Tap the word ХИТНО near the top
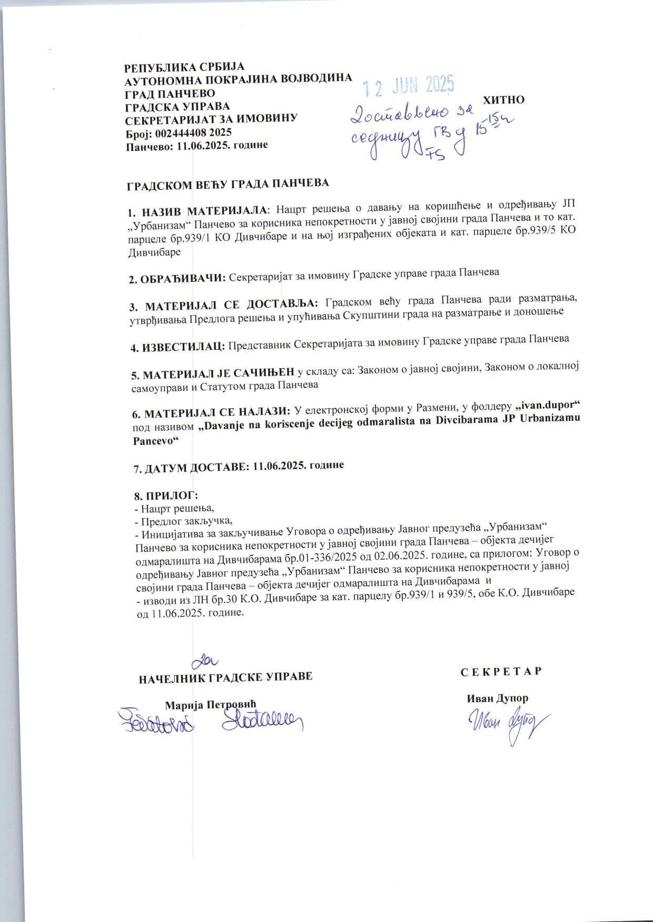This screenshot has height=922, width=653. [x=503, y=100]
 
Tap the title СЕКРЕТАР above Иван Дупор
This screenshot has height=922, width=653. [x=500, y=672]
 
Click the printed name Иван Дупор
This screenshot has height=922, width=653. [x=497, y=698]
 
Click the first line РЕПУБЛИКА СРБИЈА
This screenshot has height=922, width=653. [x=184, y=67]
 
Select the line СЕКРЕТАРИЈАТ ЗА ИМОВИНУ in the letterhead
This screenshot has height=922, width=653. [x=211, y=119]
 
